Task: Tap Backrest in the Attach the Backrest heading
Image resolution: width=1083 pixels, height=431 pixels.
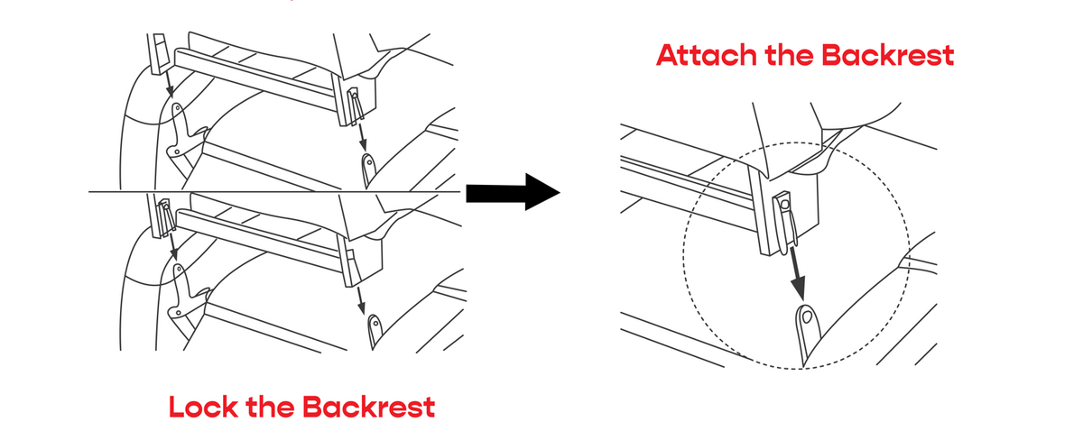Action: (x=888, y=56)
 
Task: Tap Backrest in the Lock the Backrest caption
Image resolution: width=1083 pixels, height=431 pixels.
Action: (x=368, y=407)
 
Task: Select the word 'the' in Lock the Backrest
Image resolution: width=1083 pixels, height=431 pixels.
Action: (x=270, y=407)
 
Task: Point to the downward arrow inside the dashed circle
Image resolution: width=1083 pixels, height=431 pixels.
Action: (x=798, y=276)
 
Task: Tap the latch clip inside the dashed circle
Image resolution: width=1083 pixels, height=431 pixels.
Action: (x=786, y=221)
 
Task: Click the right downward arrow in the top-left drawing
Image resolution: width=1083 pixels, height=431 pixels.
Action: (x=363, y=135)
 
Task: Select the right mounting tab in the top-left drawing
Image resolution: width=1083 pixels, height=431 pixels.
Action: (x=369, y=168)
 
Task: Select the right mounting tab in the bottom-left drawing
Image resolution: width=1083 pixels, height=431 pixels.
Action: (x=374, y=328)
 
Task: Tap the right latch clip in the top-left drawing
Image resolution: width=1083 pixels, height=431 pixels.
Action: (x=355, y=103)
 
